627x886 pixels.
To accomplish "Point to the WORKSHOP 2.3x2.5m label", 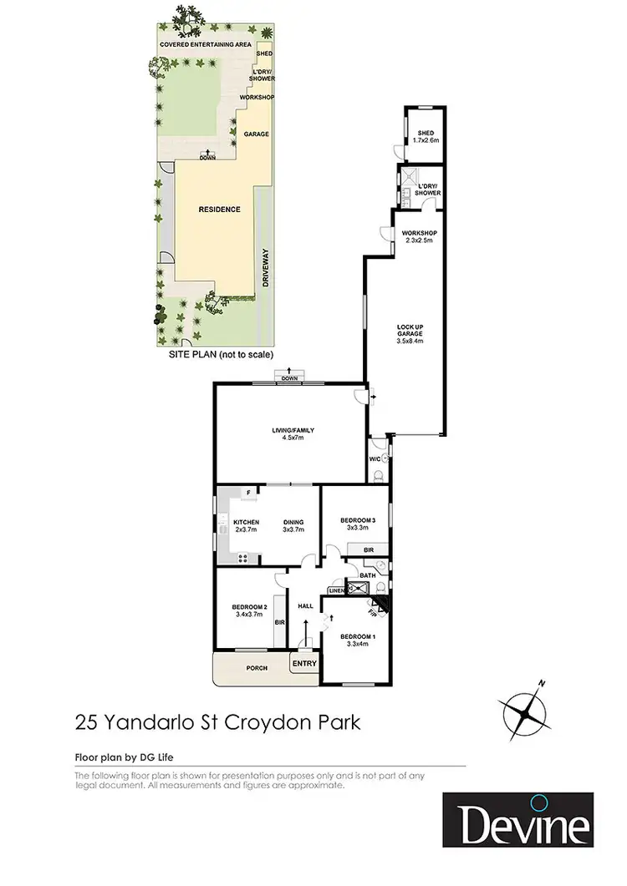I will click(419, 236).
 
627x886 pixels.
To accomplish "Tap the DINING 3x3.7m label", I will click(293, 526).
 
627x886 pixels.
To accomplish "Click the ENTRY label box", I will click(304, 664).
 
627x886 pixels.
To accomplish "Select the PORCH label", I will click(256, 668).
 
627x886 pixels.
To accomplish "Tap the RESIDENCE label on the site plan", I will click(221, 210).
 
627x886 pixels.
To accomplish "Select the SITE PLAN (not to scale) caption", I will click(221, 353).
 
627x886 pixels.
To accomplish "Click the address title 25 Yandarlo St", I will click(217, 721).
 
